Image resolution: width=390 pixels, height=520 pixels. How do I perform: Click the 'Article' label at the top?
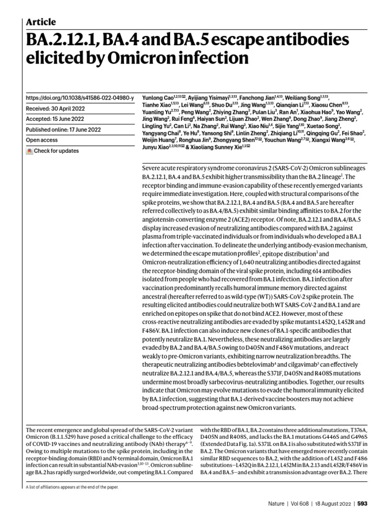click(41, 22)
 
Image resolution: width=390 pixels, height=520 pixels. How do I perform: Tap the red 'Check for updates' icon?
click(29, 151)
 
